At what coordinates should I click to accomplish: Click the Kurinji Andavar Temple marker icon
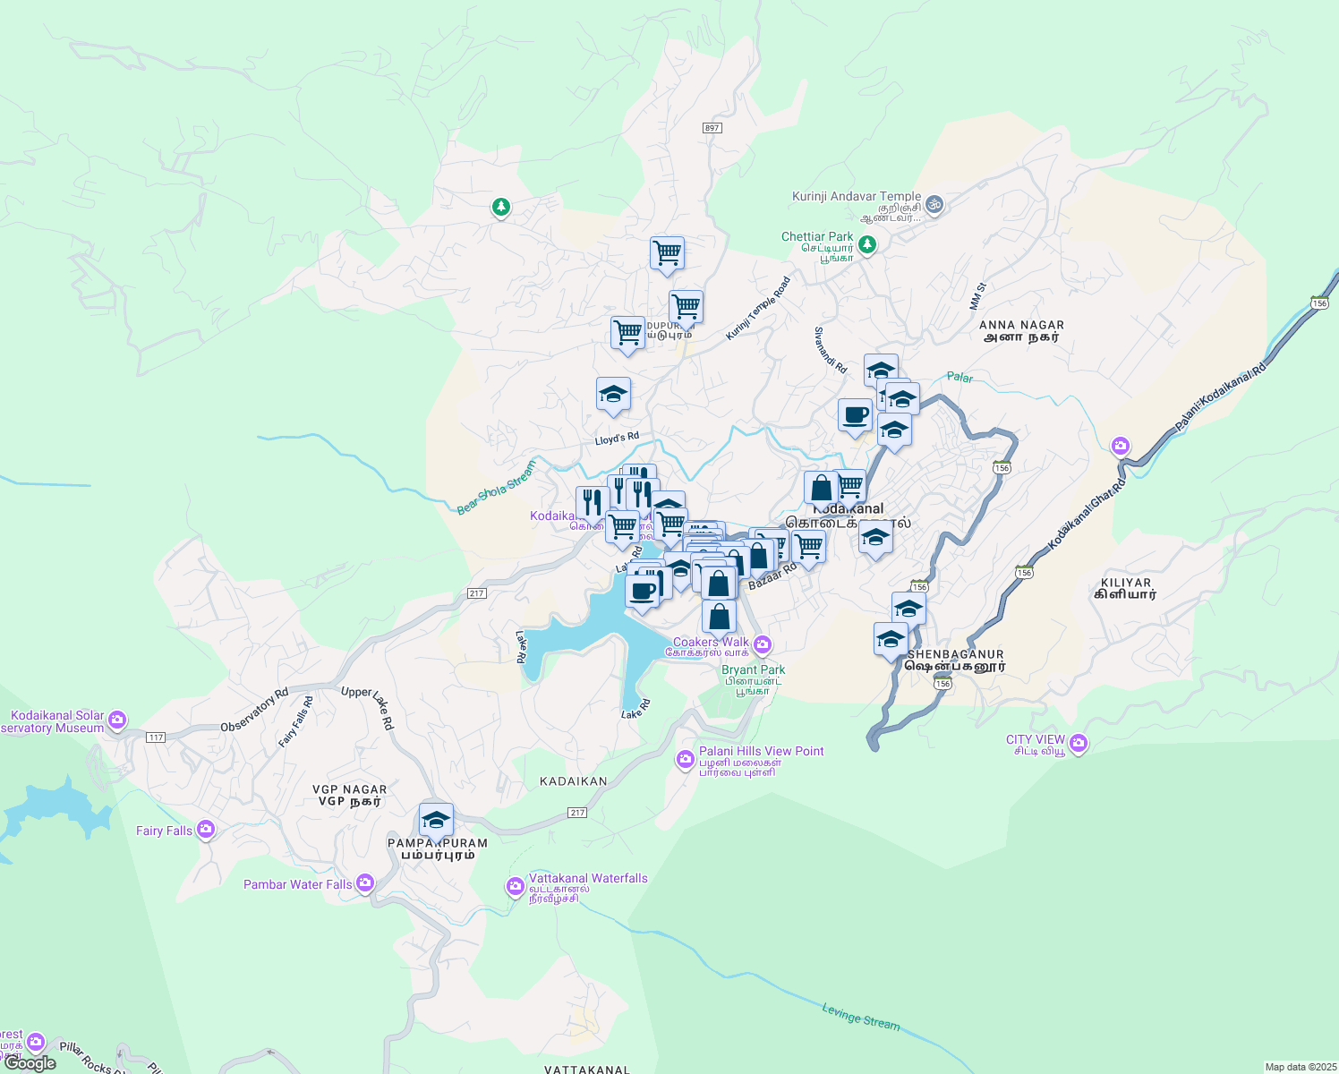934,204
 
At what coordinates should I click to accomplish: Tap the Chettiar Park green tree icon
866,243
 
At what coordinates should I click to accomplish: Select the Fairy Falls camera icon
206,830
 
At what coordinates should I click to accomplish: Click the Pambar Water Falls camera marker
364,883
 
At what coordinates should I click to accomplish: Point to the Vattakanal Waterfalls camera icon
515,886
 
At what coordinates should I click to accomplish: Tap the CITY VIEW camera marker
1079,743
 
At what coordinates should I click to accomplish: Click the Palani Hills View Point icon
686,759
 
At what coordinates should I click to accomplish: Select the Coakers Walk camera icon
763,644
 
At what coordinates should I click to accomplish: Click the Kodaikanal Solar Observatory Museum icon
117,720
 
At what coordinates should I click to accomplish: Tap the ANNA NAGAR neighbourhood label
1021,326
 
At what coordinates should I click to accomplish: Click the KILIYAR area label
1126,583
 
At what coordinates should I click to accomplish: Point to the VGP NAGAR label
349,789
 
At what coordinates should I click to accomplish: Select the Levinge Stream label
861,1017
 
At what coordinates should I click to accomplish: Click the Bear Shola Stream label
496,488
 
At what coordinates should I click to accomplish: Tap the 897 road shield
712,128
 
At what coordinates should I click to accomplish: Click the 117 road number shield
156,737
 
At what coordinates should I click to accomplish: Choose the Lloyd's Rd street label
618,439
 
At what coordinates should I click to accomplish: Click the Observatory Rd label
254,710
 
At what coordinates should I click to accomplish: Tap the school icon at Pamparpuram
436,820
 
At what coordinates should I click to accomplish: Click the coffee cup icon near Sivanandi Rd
856,415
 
